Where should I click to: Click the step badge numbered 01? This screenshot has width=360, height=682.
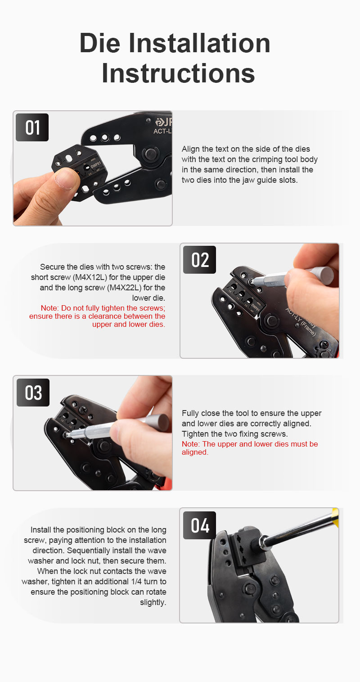(32, 127)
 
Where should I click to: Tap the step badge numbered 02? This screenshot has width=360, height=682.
(200, 260)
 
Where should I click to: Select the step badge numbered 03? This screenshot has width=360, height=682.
(33, 393)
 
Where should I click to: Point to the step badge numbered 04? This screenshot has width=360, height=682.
(200, 525)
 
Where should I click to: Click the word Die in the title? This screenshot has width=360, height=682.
(100, 43)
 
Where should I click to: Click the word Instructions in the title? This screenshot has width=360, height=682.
(178, 73)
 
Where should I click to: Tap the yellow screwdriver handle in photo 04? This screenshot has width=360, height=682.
(335, 517)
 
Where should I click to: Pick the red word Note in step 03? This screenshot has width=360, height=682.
(190, 444)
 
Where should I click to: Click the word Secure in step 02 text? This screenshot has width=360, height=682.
(52, 267)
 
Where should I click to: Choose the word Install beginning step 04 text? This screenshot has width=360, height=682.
(41, 530)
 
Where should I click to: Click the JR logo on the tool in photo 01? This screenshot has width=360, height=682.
(164, 122)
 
